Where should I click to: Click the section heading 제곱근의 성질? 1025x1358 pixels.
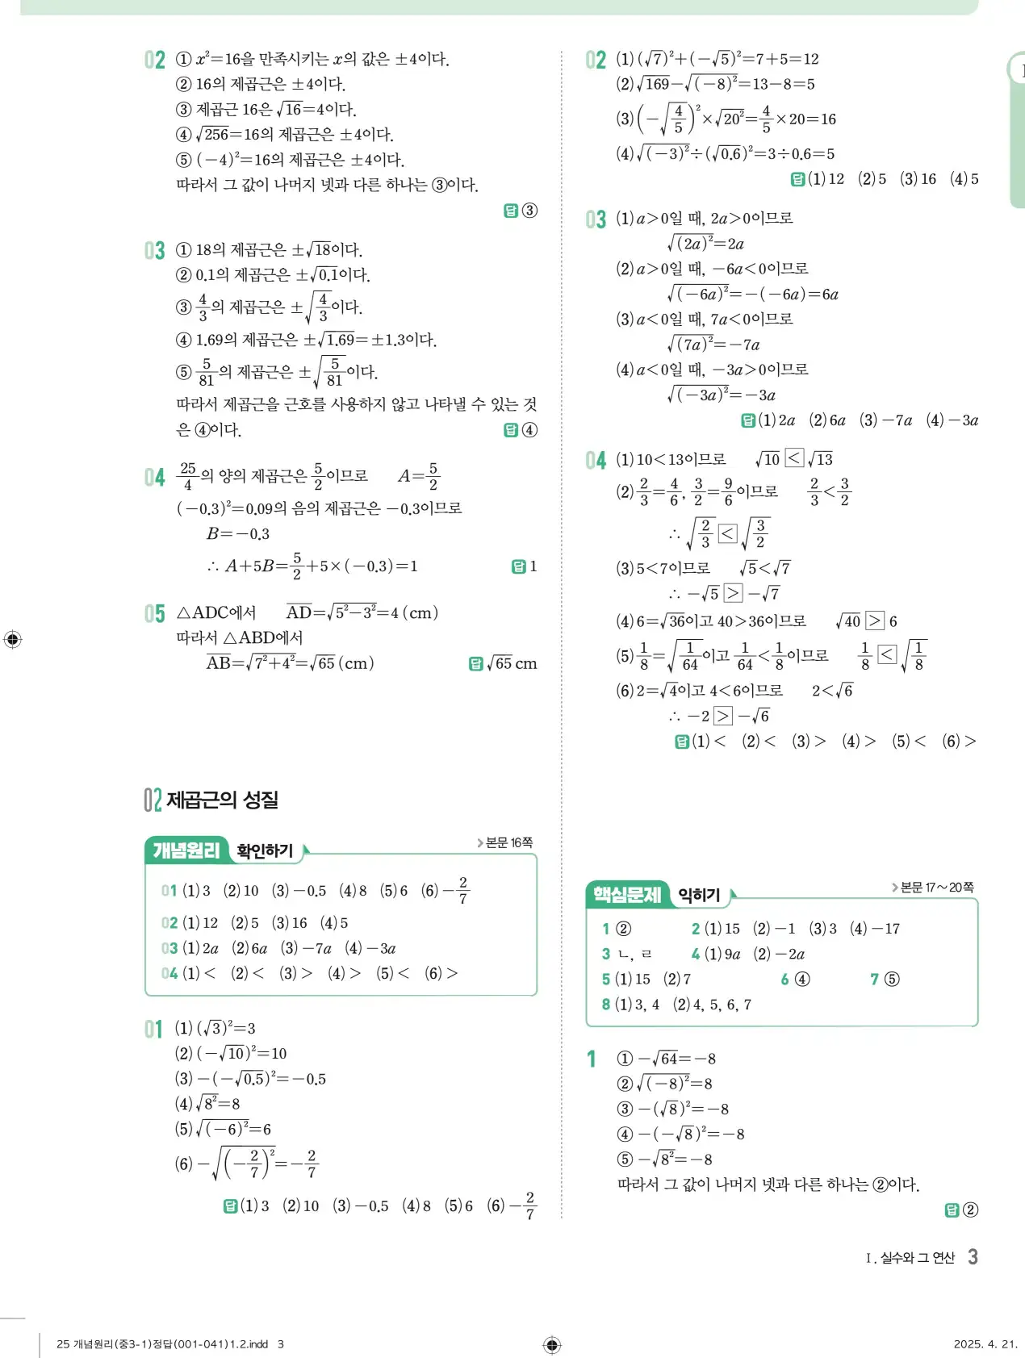222,800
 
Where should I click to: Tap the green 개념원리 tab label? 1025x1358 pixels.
186,850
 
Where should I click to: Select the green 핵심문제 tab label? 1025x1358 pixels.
627,894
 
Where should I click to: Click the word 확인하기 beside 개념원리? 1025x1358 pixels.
265,850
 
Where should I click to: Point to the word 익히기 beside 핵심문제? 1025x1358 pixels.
699,894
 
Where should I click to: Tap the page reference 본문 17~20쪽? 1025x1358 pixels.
936,888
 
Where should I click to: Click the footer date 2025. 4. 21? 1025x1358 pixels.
985,1343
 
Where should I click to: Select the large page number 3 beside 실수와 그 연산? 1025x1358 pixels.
973,1256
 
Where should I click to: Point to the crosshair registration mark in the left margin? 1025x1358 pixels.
12,640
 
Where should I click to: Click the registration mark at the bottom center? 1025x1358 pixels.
552,1344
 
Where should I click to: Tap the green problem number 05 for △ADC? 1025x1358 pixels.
154,613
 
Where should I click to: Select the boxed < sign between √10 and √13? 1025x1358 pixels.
794,458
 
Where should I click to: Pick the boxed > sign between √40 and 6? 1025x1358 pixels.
875,621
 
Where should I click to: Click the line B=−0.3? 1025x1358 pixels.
238,533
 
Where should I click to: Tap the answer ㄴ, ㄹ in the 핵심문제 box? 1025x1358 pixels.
634,954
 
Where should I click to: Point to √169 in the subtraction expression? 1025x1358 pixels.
654,84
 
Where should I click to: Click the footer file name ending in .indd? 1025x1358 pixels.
162,1343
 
